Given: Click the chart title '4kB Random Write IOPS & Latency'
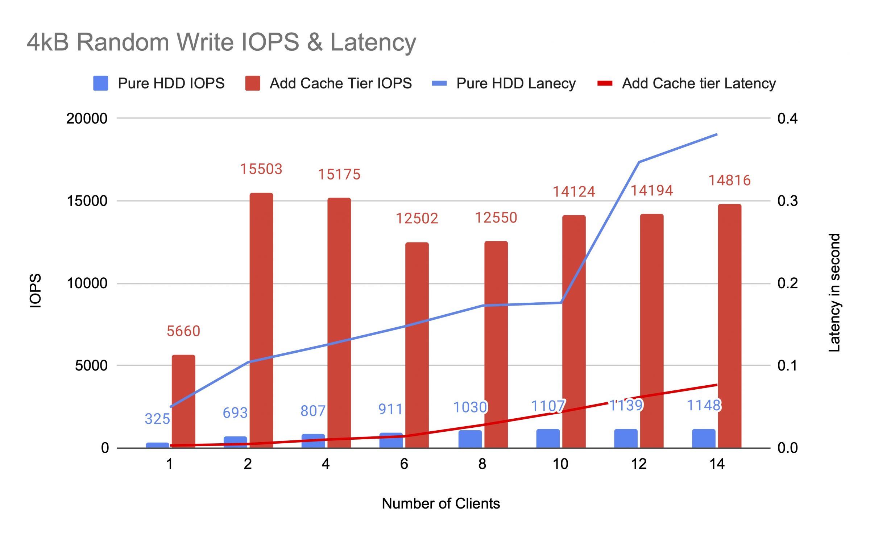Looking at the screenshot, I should click(x=221, y=42).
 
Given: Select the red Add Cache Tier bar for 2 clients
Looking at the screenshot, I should click(x=261, y=319).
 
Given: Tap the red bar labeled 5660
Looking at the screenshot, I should click(x=183, y=401).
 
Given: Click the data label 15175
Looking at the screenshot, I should click(x=339, y=174).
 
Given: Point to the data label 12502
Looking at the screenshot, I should click(x=417, y=218).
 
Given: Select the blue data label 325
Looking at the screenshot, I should click(x=157, y=419).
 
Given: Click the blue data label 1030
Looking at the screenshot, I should click(x=470, y=407).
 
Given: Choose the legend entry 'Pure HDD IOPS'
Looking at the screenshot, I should click(x=159, y=83).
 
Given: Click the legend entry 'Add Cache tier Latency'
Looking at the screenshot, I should click(x=687, y=83).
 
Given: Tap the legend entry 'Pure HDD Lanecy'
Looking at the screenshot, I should click(x=504, y=83).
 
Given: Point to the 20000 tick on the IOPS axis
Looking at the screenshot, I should click(x=87, y=119).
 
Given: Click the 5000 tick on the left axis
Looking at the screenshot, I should click(x=91, y=365).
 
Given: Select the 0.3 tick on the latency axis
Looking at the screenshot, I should click(x=787, y=201).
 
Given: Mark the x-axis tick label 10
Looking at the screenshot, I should click(x=560, y=464).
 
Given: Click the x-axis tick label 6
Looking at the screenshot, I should click(x=404, y=464).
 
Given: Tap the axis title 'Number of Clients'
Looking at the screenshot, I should click(x=440, y=503).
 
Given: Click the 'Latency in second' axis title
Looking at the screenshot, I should click(x=834, y=292).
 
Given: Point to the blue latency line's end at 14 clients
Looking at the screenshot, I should click(x=717, y=134).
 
